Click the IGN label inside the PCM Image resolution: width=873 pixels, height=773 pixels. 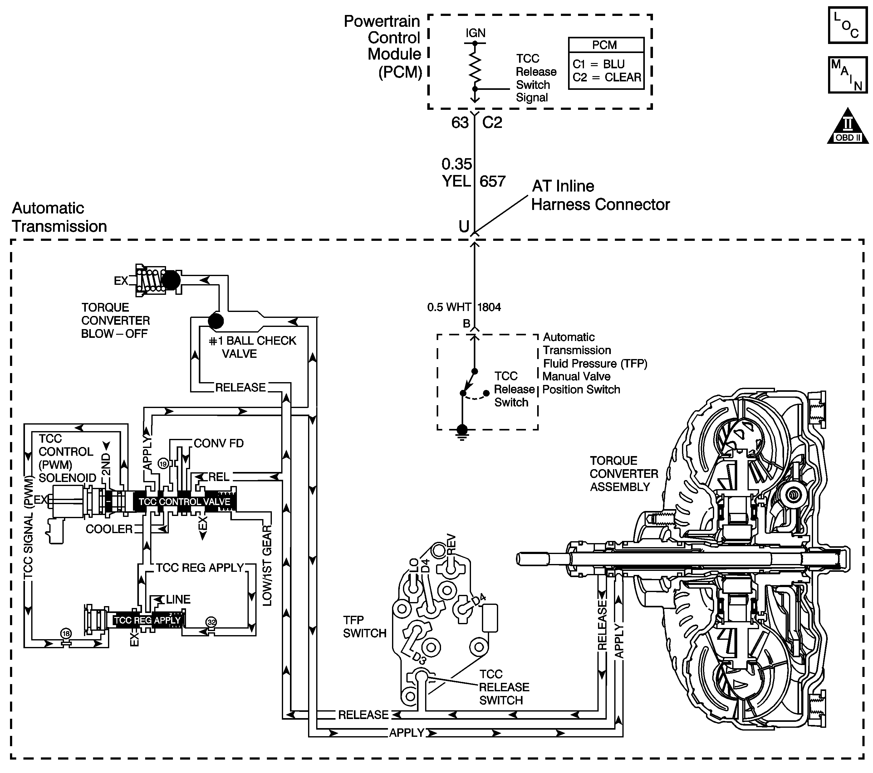475,33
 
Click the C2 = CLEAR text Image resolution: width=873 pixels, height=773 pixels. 606,78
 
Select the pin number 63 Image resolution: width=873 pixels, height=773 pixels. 460,123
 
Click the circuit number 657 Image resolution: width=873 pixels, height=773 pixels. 493,182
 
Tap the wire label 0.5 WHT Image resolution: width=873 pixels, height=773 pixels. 449,307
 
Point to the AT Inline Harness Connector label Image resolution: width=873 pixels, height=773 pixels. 600,196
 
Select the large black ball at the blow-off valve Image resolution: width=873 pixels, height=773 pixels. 171,280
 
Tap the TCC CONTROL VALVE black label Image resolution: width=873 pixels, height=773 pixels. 184,502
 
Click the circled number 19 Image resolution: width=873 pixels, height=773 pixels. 163,464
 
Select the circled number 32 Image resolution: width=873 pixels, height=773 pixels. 211,622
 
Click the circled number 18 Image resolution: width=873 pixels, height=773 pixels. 66,634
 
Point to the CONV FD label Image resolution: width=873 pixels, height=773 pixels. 219,444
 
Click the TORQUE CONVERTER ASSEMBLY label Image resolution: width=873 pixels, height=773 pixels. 624,474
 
